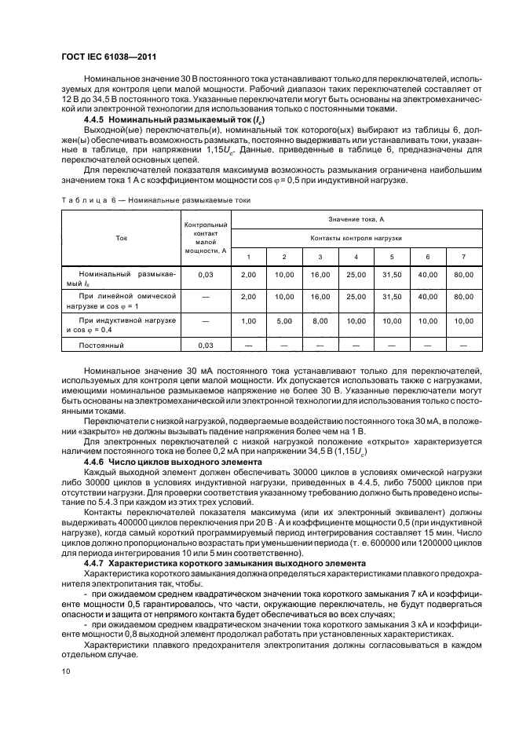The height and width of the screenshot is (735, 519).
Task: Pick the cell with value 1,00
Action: (248, 320)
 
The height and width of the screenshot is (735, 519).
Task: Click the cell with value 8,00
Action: (320, 320)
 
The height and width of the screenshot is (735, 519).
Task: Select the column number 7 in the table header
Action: (463, 257)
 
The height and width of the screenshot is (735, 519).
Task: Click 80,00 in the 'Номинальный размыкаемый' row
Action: (463, 275)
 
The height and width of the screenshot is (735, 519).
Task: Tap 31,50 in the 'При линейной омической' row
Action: (392, 298)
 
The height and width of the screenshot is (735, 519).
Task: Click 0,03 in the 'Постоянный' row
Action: (206, 344)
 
